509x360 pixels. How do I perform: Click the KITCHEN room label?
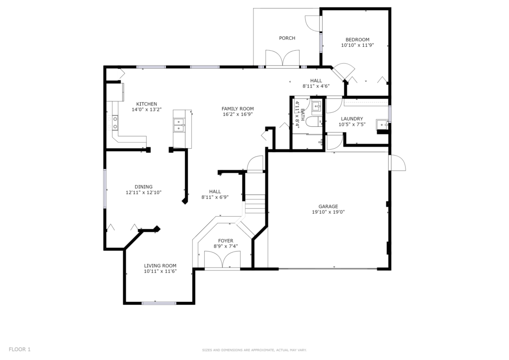coord(147,104)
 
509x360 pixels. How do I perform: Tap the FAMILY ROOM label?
coord(238,109)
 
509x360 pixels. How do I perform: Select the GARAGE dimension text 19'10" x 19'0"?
coord(328,212)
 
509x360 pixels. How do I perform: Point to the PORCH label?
coord(287,38)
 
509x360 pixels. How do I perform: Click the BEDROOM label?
coord(357,40)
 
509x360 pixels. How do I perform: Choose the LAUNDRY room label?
coord(352,119)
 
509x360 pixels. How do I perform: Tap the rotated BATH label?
coord(303,114)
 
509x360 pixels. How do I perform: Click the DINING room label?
coord(144,186)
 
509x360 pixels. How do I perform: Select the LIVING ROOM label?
coord(161,266)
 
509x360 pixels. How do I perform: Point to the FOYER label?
coord(226,241)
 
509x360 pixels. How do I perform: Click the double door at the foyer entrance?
coord(222,259)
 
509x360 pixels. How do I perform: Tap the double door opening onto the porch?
coord(282,59)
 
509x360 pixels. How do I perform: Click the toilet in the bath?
coord(314,122)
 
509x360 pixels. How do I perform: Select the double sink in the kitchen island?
coord(179,125)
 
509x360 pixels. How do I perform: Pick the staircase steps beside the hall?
coord(255,203)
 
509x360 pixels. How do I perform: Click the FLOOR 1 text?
coord(19,349)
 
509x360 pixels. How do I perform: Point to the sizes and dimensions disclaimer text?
coord(254,350)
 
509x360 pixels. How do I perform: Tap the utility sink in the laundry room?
coord(382,124)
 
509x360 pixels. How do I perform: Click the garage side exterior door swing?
coord(398,162)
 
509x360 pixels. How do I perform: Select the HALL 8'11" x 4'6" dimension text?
coord(316,86)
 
